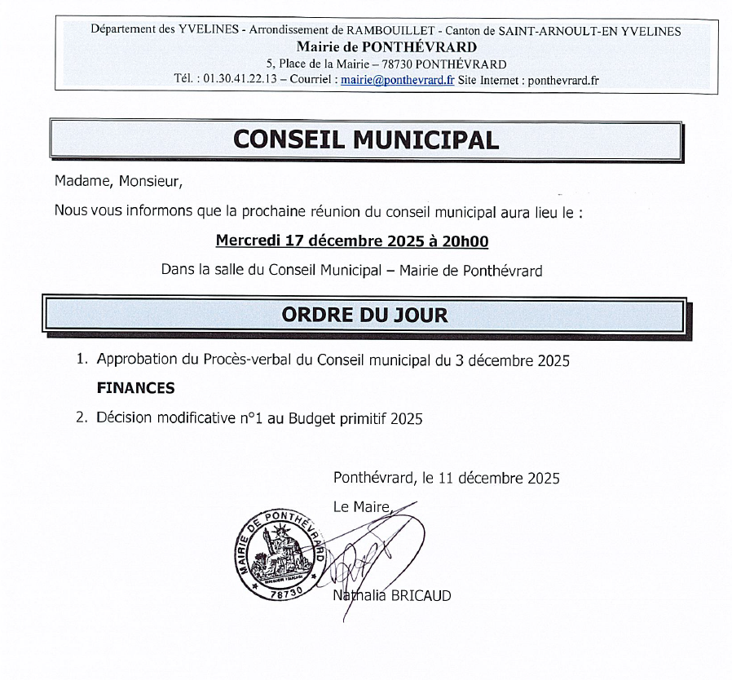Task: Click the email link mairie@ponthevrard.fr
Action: click(397, 80)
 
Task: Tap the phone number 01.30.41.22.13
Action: click(239, 80)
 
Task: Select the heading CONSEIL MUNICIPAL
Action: click(365, 139)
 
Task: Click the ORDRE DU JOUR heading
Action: click(364, 315)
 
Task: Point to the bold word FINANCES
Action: click(135, 389)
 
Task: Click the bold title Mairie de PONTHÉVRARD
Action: click(386, 47)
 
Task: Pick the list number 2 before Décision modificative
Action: click(80, 418)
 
